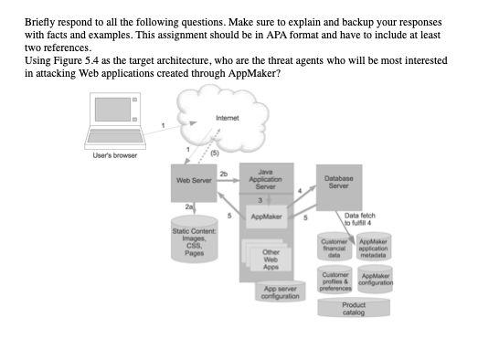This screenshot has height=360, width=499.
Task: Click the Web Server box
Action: click(194, 183)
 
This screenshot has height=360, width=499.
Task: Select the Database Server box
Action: click(339, 187)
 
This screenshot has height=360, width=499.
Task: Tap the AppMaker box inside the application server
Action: click(266, 217)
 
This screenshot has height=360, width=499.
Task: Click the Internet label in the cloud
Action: click(228, 118)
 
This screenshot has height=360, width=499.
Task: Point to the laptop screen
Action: click(112, 110)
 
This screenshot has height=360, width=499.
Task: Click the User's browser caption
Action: click(115, 155)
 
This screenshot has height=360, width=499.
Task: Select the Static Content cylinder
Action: click(195, 239)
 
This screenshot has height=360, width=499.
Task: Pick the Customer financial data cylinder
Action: click(334, 247)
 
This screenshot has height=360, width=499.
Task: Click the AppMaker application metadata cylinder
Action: click(374, 247)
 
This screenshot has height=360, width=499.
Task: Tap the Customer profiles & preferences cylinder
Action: click(335, 280)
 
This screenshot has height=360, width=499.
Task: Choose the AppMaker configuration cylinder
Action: click(376, 280)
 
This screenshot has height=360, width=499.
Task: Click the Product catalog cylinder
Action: click(354, 308)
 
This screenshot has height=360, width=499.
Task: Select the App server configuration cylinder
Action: click(281, 291)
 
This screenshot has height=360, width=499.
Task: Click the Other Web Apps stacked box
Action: click(267, 255)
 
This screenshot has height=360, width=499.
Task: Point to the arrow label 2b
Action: click(224, 174)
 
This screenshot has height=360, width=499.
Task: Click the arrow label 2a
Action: click(188, 206)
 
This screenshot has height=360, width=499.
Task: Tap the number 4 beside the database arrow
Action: click(300, 191)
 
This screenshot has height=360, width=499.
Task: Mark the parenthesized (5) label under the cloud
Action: click(215, 153)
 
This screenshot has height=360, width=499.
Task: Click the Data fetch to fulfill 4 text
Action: click(359, 219)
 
